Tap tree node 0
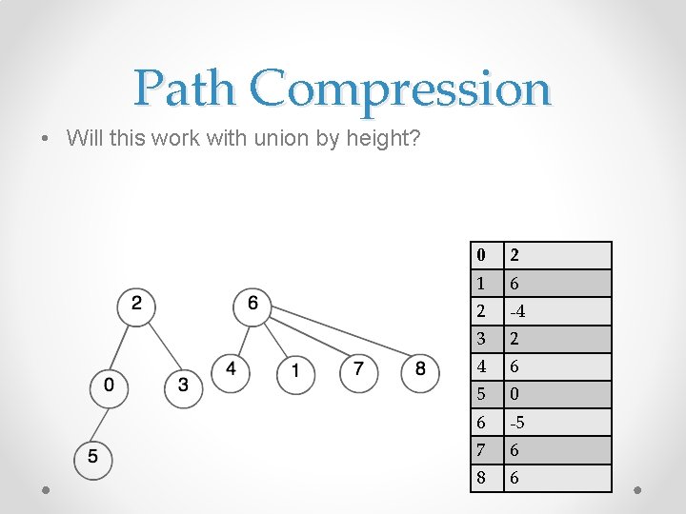point(111,386)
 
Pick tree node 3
point(184,386)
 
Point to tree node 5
point(93,457)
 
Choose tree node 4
point(232,369)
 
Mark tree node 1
point(295,370)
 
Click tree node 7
point(358,369)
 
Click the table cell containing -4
point(557,311)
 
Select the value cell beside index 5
point(557,394)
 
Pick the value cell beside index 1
point(557,284)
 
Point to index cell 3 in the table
point(488,339)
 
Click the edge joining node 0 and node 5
point(102,422)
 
